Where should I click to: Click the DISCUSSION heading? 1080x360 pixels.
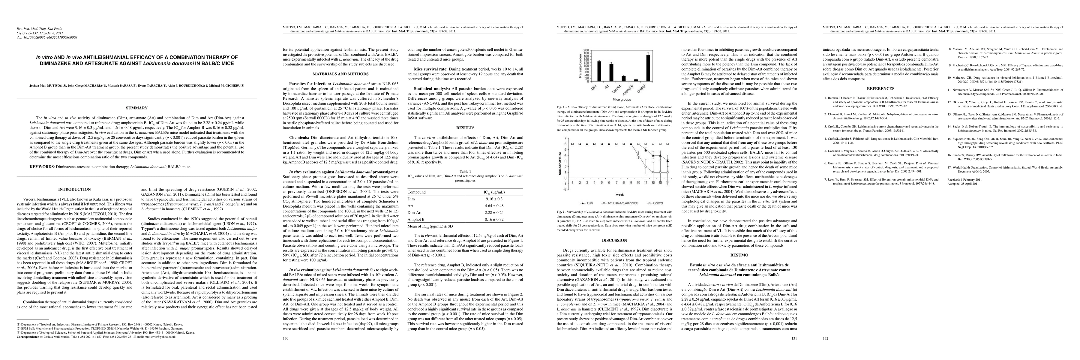615,241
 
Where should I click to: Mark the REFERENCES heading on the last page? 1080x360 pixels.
880,88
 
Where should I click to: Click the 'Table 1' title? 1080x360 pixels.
465,171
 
